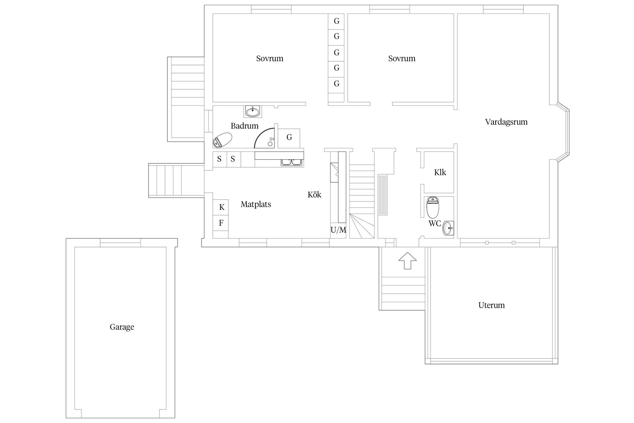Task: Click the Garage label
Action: coord(122,327)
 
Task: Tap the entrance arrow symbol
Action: coord(407,260)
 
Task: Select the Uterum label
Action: coord(491,305)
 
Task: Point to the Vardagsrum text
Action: coord(506,122)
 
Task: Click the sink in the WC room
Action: coord(448,228)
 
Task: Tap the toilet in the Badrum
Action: coord(222,140)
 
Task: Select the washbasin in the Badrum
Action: coord(253,111)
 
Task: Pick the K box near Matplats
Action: coord(222,207)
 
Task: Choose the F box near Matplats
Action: coord(221,223)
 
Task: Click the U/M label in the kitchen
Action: coord(338,230)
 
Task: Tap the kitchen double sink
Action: coord(291,162)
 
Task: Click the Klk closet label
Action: coord(440,173)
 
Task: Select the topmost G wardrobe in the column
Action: coord(336,21)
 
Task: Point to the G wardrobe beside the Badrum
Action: coord(289,137)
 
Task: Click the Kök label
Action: coord(314,195)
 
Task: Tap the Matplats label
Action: coord(256,205)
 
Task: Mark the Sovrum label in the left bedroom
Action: coord(269,58)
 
